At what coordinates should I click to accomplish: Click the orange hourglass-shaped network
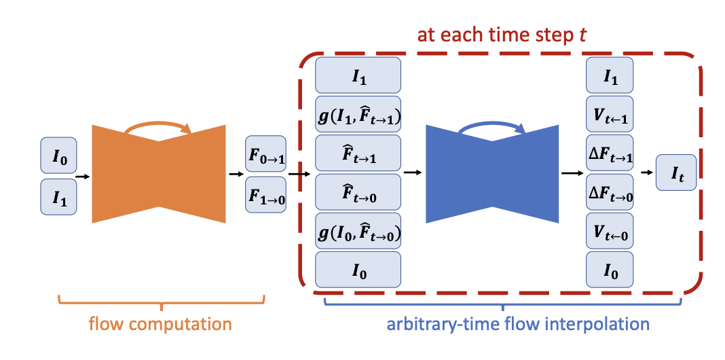[158, 173]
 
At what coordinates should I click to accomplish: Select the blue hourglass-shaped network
[491, 173]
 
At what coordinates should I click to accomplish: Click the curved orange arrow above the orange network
[158, 125]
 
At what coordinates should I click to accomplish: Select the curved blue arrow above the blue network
[491, 125]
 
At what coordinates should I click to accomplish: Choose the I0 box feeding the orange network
[58, 156]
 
